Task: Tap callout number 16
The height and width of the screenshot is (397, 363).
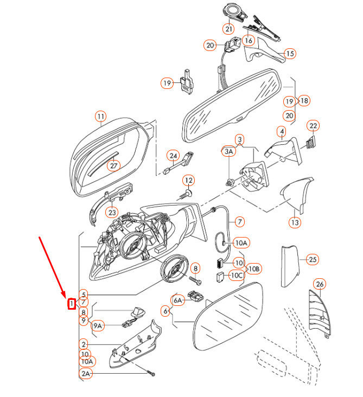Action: click(x=249, y=40)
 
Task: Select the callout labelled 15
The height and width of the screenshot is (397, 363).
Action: click(x=290, y=53)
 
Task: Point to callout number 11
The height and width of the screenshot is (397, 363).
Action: click(x=100, y=116)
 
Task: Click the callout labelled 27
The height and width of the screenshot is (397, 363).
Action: click(x=114, y=165)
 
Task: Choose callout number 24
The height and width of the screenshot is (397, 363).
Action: click(x=173, y=156)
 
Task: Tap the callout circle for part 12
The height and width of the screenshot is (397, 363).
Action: click(x=188, y=180)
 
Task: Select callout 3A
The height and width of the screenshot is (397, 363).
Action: click(x=229, y=153)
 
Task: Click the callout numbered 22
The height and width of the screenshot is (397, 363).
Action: click(x=313, y=126)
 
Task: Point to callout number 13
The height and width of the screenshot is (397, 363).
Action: click(x=294, y=222)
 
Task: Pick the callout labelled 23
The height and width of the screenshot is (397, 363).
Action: click(x=112, y=212)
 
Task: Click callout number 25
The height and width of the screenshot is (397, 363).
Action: click(x=312, y=259)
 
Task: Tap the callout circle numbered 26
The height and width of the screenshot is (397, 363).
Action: click(x=320, y=284)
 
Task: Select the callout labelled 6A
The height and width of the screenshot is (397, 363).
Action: click(x=178, y=300)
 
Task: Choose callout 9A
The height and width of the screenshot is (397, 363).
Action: click(x=98, y=326)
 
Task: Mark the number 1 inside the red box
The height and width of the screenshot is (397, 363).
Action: click(x=71, y=304)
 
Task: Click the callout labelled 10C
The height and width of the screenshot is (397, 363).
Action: click(x=237, y=276)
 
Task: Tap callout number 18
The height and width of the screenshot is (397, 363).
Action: click(x=303, y=100)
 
